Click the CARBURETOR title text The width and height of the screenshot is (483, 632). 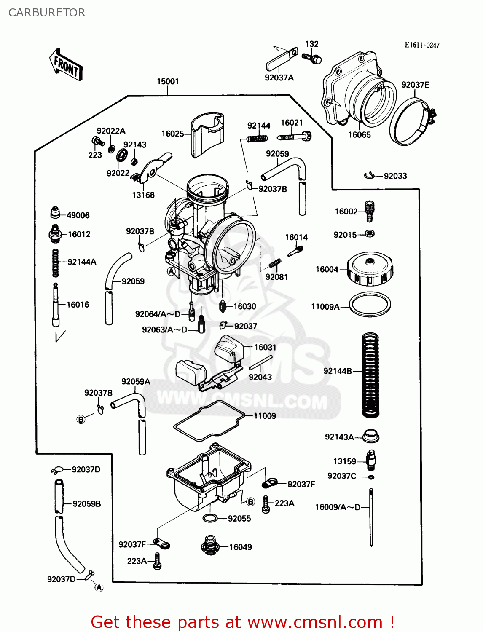pos(47,13)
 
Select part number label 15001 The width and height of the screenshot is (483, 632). pos(168,81)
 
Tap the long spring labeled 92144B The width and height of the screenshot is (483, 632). pos(370,375)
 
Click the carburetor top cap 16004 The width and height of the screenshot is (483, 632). pos(370,269)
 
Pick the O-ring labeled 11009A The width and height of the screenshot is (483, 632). pos(370,304)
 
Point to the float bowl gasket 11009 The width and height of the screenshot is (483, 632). pos(209,421)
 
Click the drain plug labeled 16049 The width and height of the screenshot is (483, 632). pos(209,546)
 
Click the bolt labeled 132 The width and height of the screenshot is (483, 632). pos(312,58)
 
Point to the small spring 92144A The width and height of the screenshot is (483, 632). pos(55,263)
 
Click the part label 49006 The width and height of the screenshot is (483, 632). pos(78,215)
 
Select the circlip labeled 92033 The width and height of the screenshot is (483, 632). pos(369,176)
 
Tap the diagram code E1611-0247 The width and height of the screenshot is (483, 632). pos(422,45)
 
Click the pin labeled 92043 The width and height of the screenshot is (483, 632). pos(260,362)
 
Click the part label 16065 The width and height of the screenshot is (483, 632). pos(359,135)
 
